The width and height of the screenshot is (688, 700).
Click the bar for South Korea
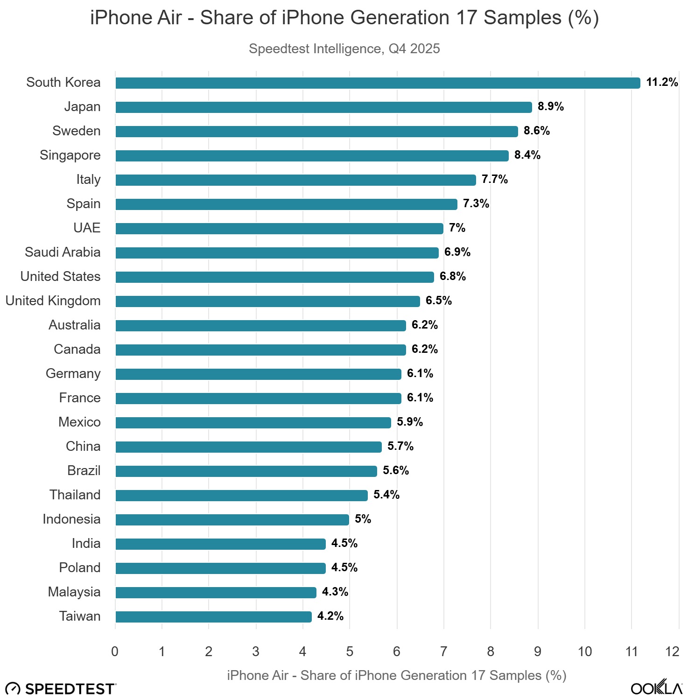pos(377,83)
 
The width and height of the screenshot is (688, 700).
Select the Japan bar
pos(323,107)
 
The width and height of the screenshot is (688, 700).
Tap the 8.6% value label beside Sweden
pos(536,131)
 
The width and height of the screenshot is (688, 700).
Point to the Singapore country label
pos(70,155)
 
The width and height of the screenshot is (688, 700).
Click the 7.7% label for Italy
pos(494,179)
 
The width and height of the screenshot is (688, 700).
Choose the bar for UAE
pos(279,229)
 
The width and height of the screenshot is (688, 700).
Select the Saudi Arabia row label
pos(63,252)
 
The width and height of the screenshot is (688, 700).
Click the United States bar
pos(274,277)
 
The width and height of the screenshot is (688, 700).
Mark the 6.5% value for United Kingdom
pos(438,301)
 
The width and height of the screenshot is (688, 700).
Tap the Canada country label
pos(77,349)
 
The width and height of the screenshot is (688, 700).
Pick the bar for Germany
pos(258,374)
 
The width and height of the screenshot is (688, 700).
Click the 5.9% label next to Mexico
pos(409,422)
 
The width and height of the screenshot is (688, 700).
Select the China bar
pos(248,447)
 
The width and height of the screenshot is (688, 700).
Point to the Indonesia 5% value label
pos(363,519)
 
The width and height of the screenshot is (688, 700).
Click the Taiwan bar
pos(213,617)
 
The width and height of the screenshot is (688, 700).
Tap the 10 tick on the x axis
pos(584,651)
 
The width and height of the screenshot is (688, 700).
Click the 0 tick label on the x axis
pos(115,651)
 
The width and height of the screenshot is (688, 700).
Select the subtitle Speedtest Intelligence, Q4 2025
pos(344,49)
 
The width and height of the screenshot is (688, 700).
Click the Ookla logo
pos(656,688)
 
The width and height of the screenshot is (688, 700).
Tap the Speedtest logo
pos(61,689)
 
